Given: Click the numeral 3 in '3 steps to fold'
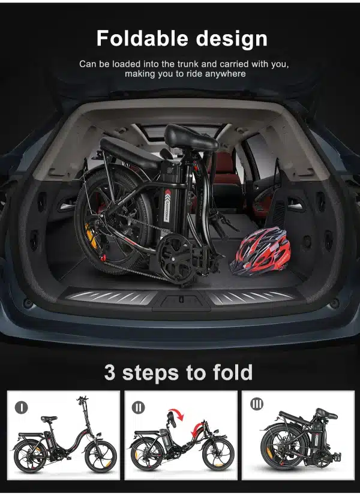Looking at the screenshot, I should [x=110, y=372].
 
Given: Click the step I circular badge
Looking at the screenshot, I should [x=22, y=407].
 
